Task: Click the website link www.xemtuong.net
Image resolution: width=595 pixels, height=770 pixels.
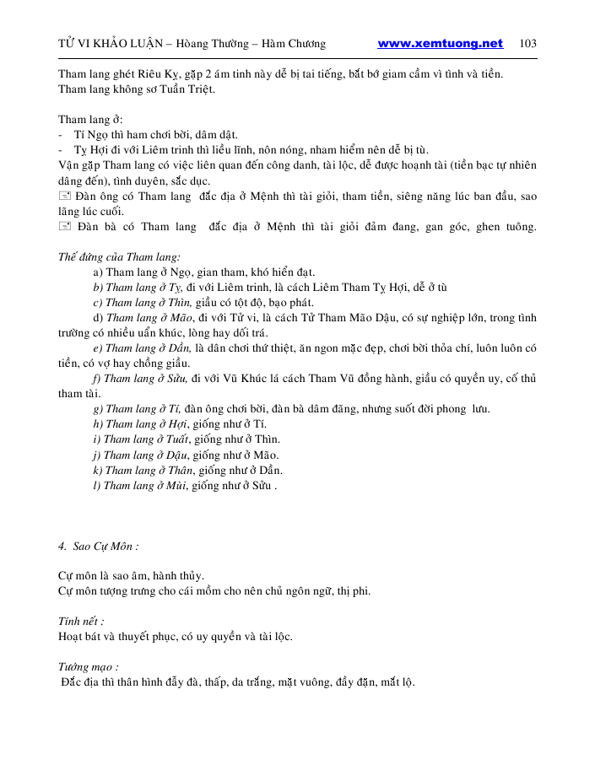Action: (440, 44)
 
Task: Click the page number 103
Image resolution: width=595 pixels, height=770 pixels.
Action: (528, 44)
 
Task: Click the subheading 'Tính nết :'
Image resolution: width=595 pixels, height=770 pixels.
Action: (81, 621)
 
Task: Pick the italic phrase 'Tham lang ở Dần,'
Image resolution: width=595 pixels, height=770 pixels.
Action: (147, 347)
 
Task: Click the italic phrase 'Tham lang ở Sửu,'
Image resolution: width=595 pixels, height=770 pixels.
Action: (145, 378)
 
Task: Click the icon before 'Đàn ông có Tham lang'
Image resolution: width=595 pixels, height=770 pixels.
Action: (65, 196)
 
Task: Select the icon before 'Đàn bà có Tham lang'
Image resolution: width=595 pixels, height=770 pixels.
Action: (65, 227)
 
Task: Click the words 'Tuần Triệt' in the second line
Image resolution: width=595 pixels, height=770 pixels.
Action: (189, 89)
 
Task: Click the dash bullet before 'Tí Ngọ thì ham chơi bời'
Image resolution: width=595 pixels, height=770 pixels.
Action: (61, 134)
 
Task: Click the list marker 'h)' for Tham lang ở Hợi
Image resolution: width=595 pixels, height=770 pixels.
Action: (98, 424)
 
